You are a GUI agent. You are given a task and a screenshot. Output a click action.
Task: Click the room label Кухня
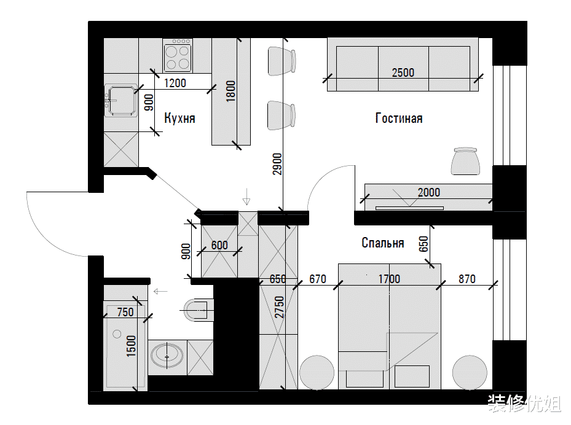click(179, 119)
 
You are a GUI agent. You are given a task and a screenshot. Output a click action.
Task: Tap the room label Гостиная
click(399, 119)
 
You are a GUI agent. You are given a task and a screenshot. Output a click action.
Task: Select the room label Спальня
click(383, 243)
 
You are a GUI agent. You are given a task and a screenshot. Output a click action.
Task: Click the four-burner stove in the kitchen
click(178, 56)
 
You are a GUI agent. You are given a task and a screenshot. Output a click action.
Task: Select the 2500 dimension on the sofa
click(403, 72)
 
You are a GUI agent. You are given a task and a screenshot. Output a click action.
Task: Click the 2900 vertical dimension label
click(277, 164)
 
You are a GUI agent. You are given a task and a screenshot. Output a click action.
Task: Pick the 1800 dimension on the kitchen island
click(231, 92)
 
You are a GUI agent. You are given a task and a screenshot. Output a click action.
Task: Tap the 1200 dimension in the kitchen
click(175, 83)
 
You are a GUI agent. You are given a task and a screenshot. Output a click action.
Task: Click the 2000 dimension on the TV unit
click(428, 192)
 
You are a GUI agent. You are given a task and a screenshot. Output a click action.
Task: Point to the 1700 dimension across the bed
click(389, 279)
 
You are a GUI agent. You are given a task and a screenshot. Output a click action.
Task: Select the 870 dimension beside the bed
click(467, 279)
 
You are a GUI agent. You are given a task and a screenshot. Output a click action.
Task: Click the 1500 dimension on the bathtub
click(131, 346)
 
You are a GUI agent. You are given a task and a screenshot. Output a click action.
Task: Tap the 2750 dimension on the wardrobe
click(279, 307)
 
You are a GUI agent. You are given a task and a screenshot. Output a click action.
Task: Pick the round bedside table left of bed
click(317, 373)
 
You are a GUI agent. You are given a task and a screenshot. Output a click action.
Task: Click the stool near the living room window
click(465, 161)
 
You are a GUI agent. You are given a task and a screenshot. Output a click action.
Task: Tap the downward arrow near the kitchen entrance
click(246, 197)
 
